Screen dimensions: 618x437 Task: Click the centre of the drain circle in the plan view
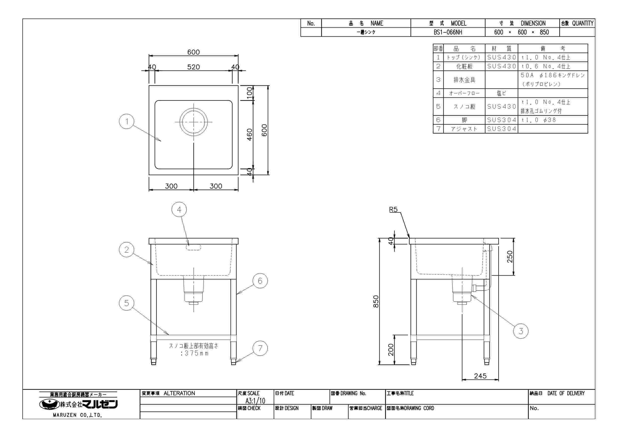tap(194, 122)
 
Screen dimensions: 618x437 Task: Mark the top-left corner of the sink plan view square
tap(149, 86)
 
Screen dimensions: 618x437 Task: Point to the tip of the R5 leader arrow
tap(410, 238)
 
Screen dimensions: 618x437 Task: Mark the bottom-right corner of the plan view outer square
tap(238, 175)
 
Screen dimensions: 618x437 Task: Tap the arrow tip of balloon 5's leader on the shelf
tap(169, 335)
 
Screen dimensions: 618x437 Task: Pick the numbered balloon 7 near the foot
tap(260, 348)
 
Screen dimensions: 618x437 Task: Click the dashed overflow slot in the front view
tap(194, 247)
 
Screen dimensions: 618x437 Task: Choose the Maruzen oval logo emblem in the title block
tap(50, 404)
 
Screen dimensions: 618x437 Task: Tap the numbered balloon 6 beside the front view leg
tap(260, 281)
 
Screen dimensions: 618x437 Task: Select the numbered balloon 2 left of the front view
tap(126, 250)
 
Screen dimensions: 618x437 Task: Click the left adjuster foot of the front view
tap(154, 361)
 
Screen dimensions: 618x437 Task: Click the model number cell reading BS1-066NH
tap(448, 32)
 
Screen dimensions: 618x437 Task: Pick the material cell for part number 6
tap(502, 120)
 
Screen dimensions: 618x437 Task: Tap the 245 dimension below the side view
tap(480, 376)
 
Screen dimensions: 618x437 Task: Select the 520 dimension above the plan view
tap(194, 67)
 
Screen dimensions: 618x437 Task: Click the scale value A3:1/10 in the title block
tap(255, 401)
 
